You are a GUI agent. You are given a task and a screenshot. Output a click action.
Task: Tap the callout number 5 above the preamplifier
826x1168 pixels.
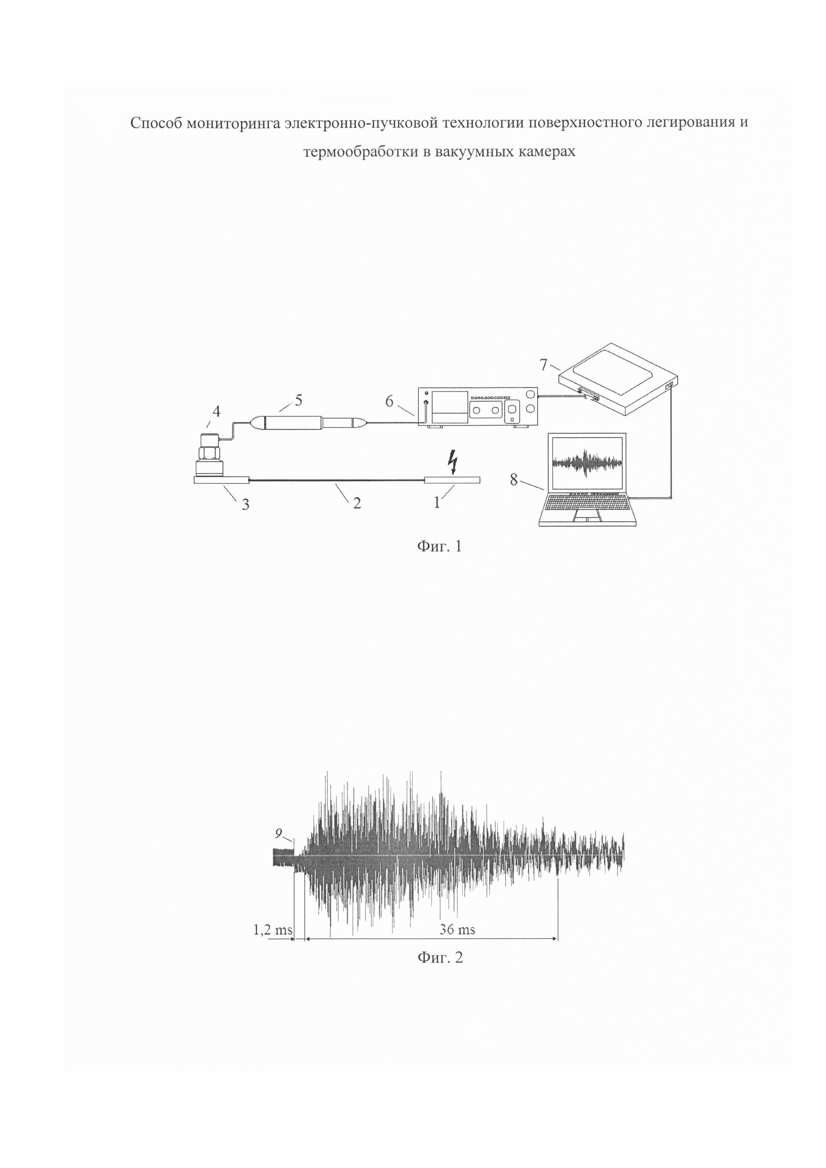tap(298, 400)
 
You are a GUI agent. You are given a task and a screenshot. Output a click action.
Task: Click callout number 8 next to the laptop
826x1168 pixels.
tap(513, 479)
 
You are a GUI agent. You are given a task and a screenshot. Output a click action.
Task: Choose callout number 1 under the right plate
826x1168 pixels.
tap(436, 503)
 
